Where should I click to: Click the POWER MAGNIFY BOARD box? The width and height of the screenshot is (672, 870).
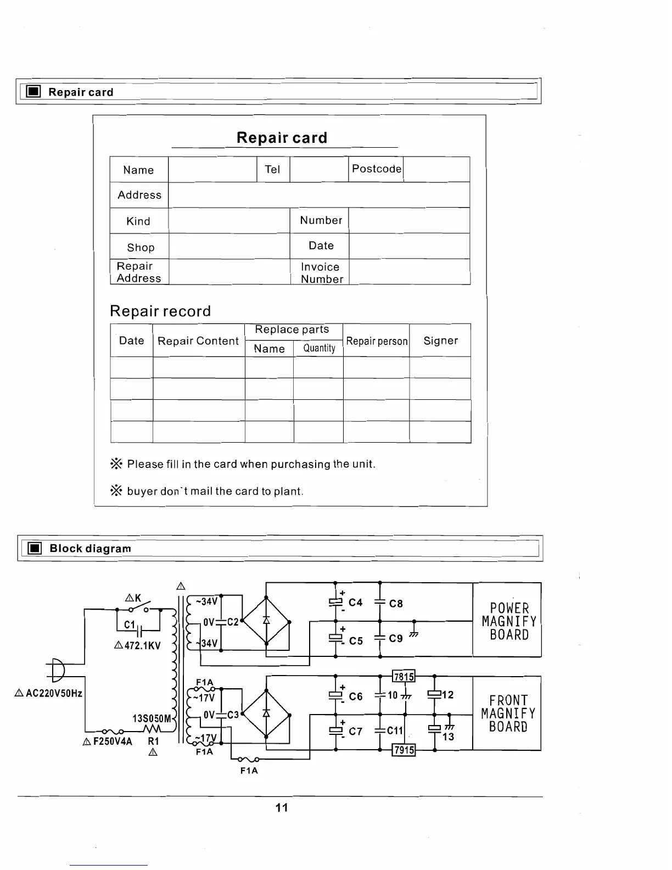click(x=507, y=621)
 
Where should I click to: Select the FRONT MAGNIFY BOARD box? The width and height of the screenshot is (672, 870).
click(x=507, y=713)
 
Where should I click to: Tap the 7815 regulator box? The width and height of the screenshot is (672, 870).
click(x=404, y=677)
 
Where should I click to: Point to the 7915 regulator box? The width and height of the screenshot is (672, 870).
click(x=404, y=750)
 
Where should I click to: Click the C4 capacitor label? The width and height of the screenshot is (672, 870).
click(x=356, y=603)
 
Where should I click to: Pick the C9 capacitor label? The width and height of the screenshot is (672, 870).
click(x=396, y=639)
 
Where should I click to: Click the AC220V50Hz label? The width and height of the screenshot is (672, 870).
click(x=54, y=693)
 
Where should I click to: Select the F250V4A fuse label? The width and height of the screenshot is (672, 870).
click(x=113, y=741)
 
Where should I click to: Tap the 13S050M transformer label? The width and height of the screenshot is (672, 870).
click(x=152, y=718)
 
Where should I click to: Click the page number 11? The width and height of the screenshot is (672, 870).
click(x=282, y=807)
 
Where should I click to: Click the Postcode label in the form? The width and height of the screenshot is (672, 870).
click(x=376, y=169)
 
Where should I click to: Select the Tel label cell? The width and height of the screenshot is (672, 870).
click(x=272, y=169)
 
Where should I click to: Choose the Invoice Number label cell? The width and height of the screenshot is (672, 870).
click(x=321, y=272)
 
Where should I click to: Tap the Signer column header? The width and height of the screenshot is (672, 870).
click(x=440, y=341)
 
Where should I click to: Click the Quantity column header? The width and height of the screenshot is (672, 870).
click(x=319, y=348)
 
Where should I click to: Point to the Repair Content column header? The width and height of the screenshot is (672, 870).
click(x=198, y=341)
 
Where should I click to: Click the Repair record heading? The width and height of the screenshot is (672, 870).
click(x=160, y=311)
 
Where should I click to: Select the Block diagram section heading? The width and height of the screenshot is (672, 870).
click(x=90, y=548)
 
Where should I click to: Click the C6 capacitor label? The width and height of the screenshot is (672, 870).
click(x=356, y=696)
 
